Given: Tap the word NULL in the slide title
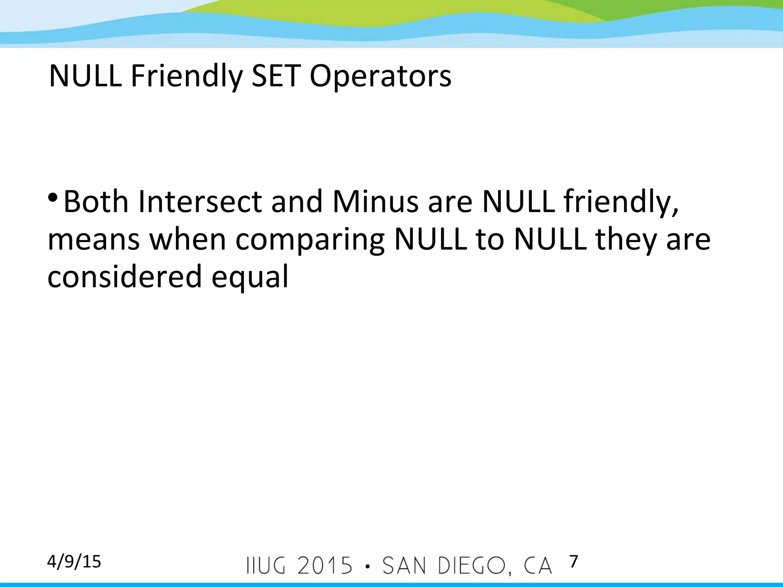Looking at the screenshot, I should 85,76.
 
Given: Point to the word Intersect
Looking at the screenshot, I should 200,201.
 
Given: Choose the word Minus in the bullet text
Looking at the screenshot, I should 375,201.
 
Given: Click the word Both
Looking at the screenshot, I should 96,201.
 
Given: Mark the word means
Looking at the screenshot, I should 94,240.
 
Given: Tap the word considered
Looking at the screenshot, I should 125,276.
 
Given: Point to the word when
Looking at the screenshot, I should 187,240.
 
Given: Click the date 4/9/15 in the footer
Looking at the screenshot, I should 74,562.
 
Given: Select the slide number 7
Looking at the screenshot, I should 573,561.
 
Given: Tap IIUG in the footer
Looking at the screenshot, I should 266,566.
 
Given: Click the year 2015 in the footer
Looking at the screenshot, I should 325,566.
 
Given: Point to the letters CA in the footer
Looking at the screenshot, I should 538,566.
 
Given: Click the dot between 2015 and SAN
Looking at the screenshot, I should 367,566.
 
